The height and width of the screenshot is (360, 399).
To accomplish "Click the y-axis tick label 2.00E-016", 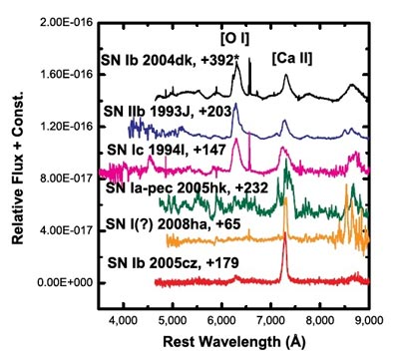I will pyautogui.click(x=63, y=21).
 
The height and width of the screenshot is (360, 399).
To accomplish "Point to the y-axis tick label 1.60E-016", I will pyautogui.click(x=63, y=74).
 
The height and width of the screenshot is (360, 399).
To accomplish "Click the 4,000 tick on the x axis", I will pyautogui.click(x=124, y=321).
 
